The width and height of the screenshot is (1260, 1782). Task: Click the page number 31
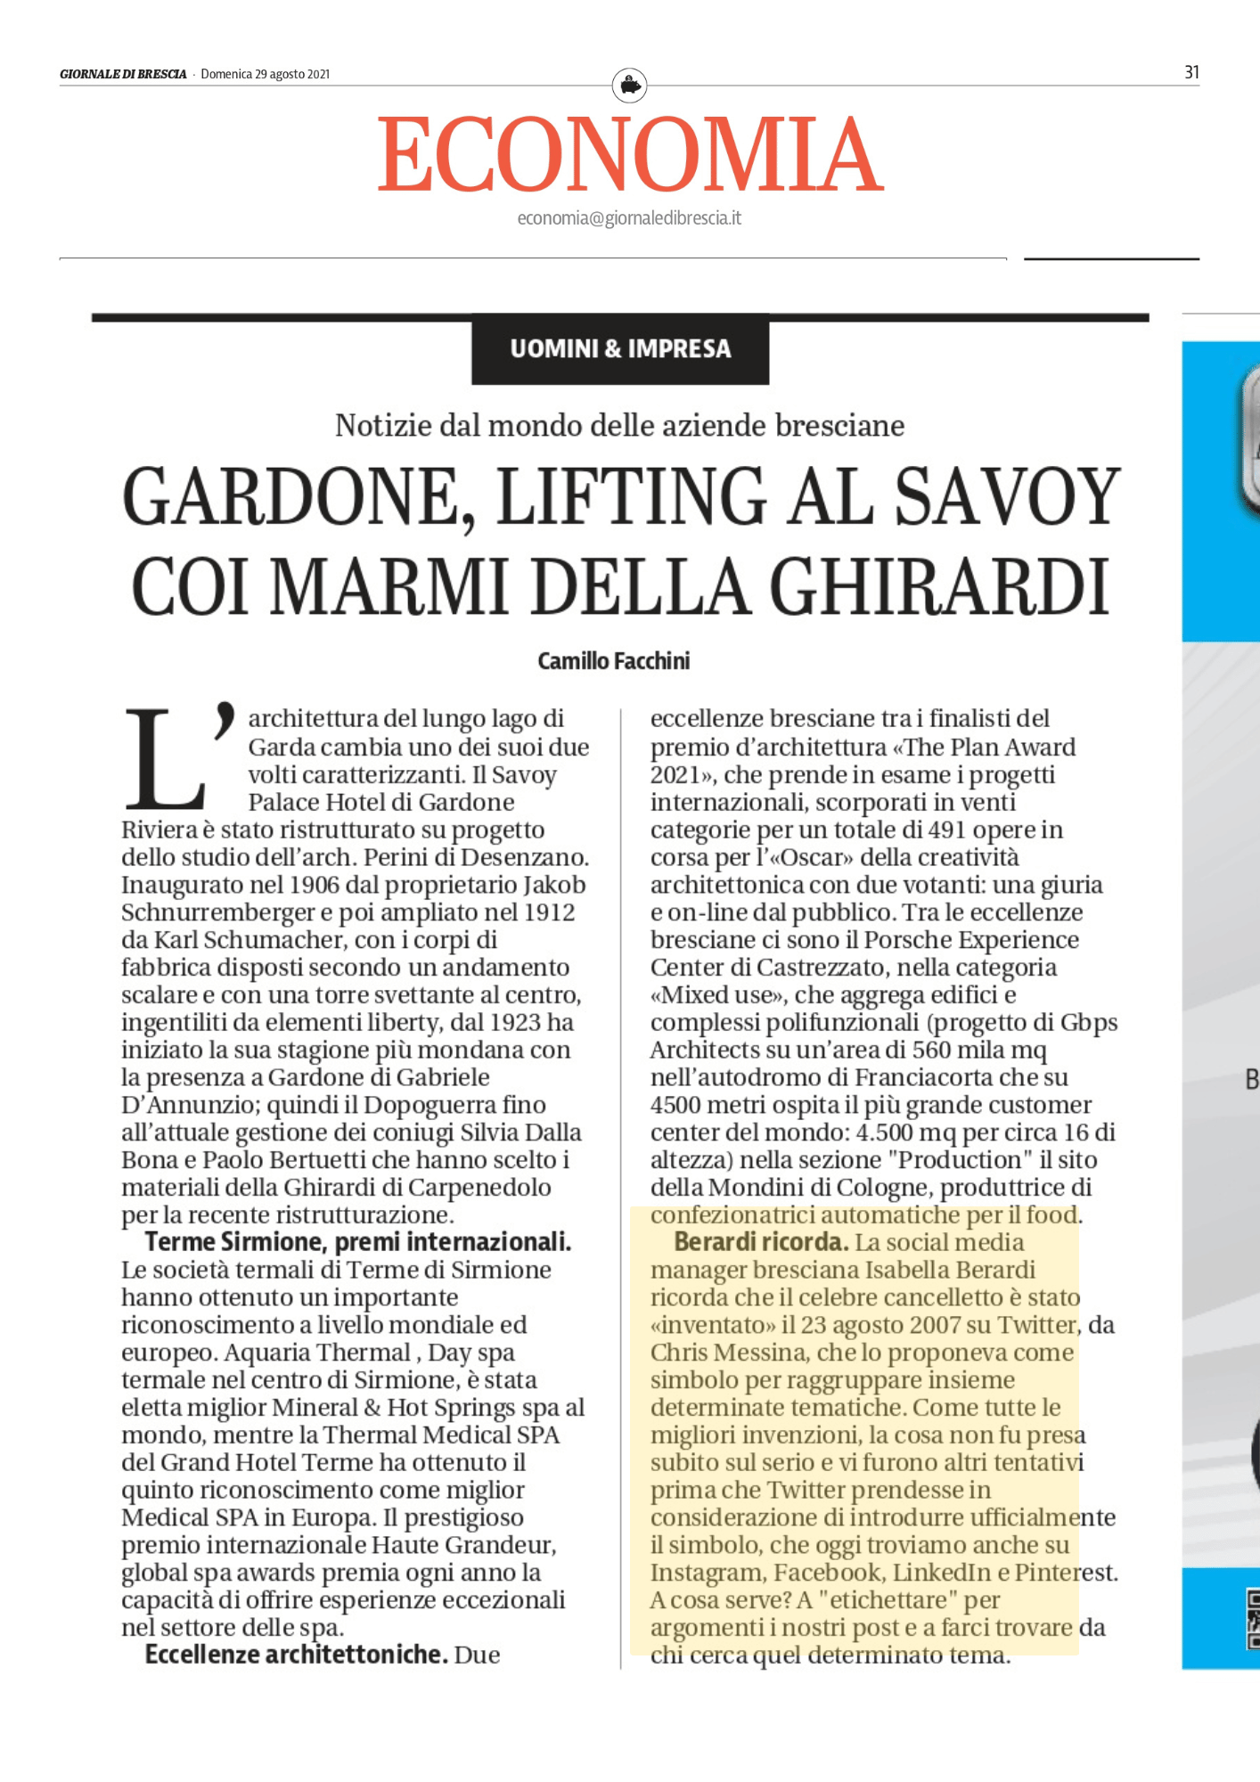[x=1191, y=72]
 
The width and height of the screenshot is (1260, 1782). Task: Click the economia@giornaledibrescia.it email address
[x=629, y=218]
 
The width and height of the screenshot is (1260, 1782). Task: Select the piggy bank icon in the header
[x=630, y=86]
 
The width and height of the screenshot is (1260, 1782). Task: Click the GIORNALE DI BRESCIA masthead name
[x=123, y=74]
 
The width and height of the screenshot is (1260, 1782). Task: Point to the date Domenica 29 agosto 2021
[x=266, y=74]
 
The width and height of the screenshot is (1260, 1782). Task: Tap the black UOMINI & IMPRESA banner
[x=620, y=348]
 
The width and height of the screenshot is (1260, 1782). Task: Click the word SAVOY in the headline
[x=1008, y=496]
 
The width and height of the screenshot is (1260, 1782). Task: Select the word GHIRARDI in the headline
[x=940, y=586]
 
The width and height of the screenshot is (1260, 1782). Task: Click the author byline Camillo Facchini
[x=614, y=661]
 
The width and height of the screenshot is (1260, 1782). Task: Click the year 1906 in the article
[x=314, y=885]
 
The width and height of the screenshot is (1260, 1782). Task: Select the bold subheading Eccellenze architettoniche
[x=296, y=1655]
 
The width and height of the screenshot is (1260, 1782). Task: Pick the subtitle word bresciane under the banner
[x=839, y=426]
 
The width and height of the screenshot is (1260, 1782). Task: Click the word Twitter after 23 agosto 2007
[x=1038, y=1325]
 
